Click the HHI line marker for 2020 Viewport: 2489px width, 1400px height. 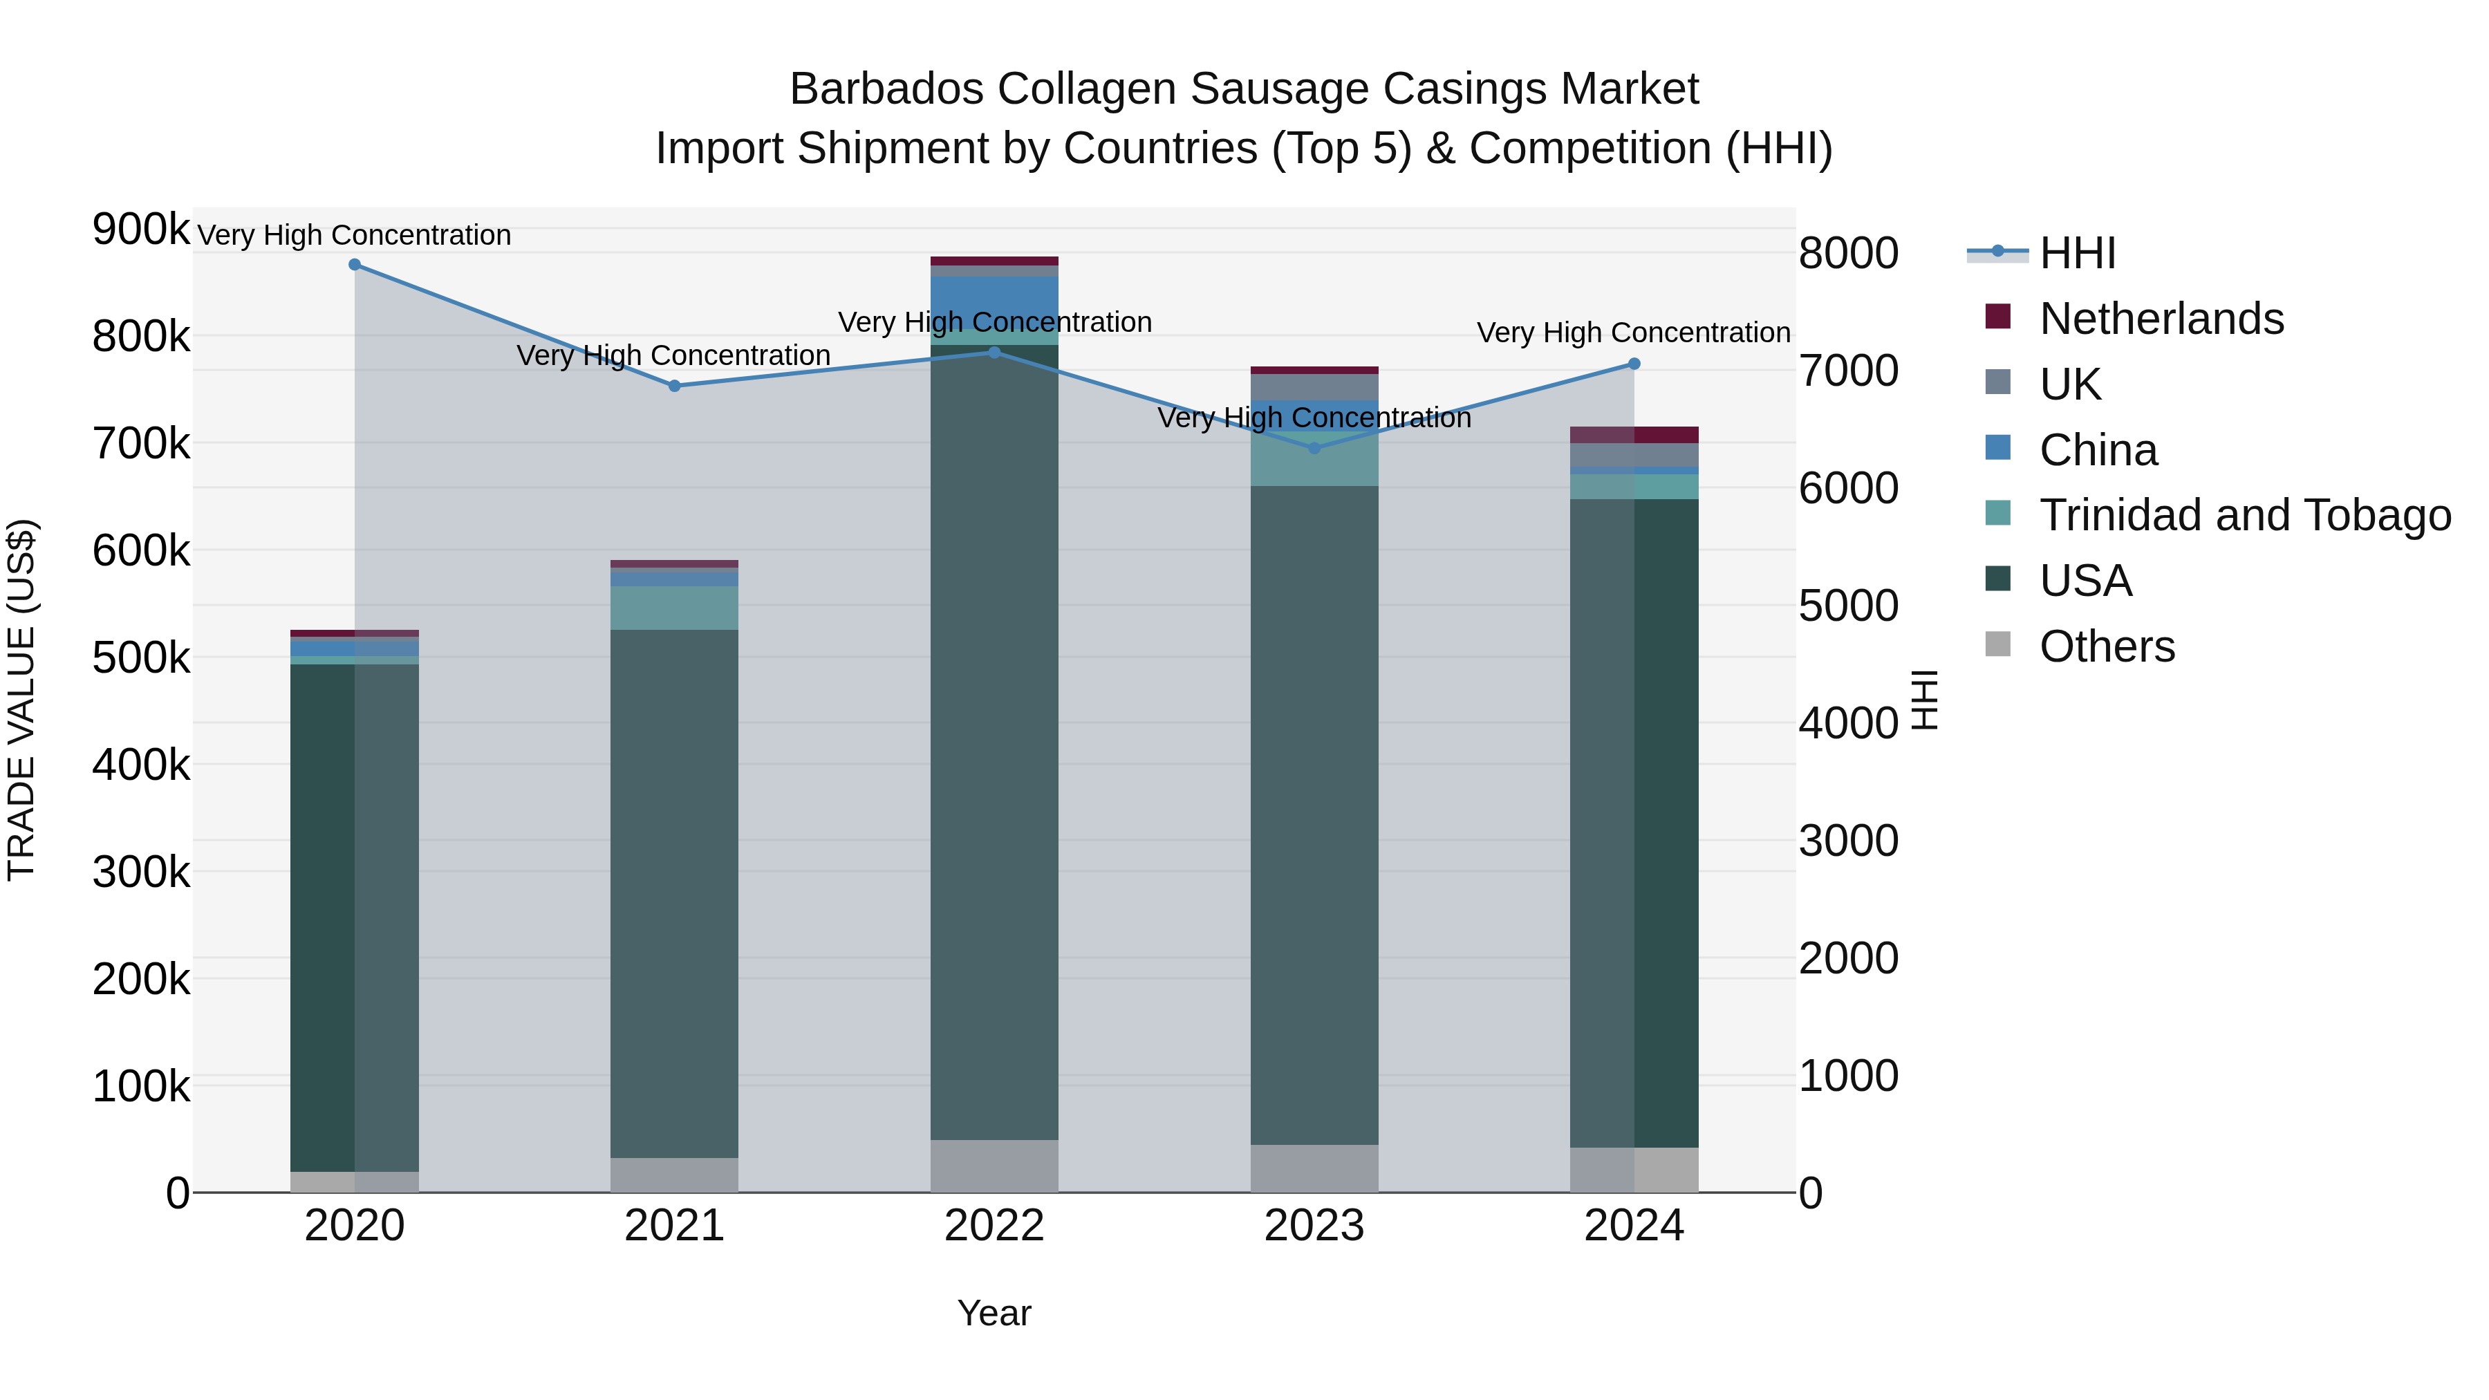tap(355, 265)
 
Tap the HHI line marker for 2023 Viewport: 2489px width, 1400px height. tap(1314, 447)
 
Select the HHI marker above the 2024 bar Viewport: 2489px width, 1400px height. tap(1634, 364)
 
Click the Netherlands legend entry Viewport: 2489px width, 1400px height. tap(2161, 319)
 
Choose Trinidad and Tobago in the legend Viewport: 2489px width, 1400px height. tap(2244, 515)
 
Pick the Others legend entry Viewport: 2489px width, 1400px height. tap(2107, 646)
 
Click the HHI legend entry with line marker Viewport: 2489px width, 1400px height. tap(2078, 253)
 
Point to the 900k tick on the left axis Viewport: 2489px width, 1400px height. tap(141, 230)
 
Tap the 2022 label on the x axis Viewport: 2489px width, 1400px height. tap(994, 1226)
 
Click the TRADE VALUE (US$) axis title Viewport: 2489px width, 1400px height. tap(21, 700)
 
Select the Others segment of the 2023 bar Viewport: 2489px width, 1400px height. tap(1314, 1168)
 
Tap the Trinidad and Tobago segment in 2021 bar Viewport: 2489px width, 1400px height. tap(674, 608)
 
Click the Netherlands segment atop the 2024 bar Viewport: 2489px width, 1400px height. tap(1634, 435)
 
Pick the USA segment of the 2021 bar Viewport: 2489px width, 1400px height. tap(674, 894)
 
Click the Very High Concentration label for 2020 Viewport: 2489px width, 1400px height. tap(355, 235)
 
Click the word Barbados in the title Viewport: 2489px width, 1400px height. tap(887, 89)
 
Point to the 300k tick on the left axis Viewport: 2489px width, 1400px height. tap(141, 872)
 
